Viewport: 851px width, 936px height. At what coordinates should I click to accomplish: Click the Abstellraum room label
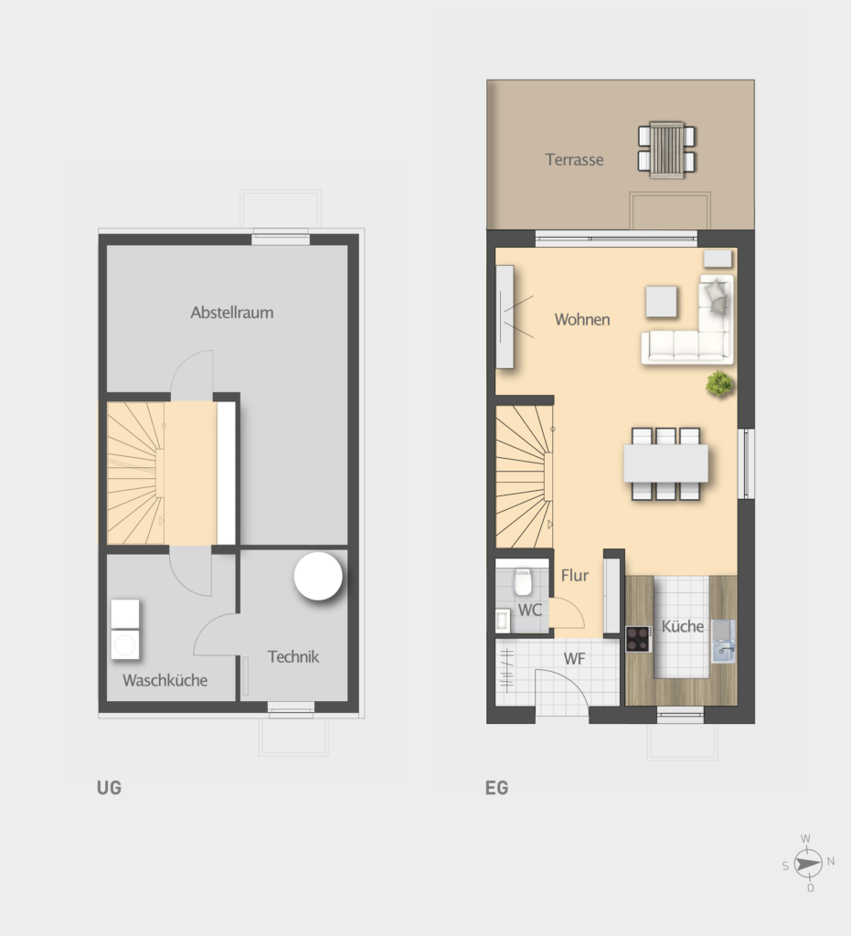pos(231,313)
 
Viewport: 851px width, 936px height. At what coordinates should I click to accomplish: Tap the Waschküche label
pos(165,680)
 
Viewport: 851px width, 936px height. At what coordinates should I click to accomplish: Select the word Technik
pos(293,656)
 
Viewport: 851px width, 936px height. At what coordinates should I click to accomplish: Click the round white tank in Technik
pos(318,576)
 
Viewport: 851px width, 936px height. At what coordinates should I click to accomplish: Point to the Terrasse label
pos(574,159)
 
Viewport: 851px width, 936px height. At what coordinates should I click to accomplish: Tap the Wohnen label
pos(582,319)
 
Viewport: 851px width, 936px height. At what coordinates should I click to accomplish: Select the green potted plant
pos(719,383)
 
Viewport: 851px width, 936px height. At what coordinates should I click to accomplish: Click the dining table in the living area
pos(666,463)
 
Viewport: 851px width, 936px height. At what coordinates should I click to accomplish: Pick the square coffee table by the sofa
pos(661,302)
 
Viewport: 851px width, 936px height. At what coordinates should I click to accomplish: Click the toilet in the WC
pos(524,582)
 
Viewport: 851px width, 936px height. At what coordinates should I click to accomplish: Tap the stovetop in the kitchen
pos(639,639)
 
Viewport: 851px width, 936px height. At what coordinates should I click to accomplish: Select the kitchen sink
pos(723,641)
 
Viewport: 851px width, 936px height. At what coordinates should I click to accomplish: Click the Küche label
pos(682,626)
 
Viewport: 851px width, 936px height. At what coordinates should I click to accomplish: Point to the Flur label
pos(575,576)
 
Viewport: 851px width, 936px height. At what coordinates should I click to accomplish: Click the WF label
pos(574,658)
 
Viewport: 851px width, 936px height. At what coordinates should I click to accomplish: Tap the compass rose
pos(808,863)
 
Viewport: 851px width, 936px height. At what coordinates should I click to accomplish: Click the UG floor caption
pos(109,788)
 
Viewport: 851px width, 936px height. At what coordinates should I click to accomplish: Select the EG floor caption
pos(497,788)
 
